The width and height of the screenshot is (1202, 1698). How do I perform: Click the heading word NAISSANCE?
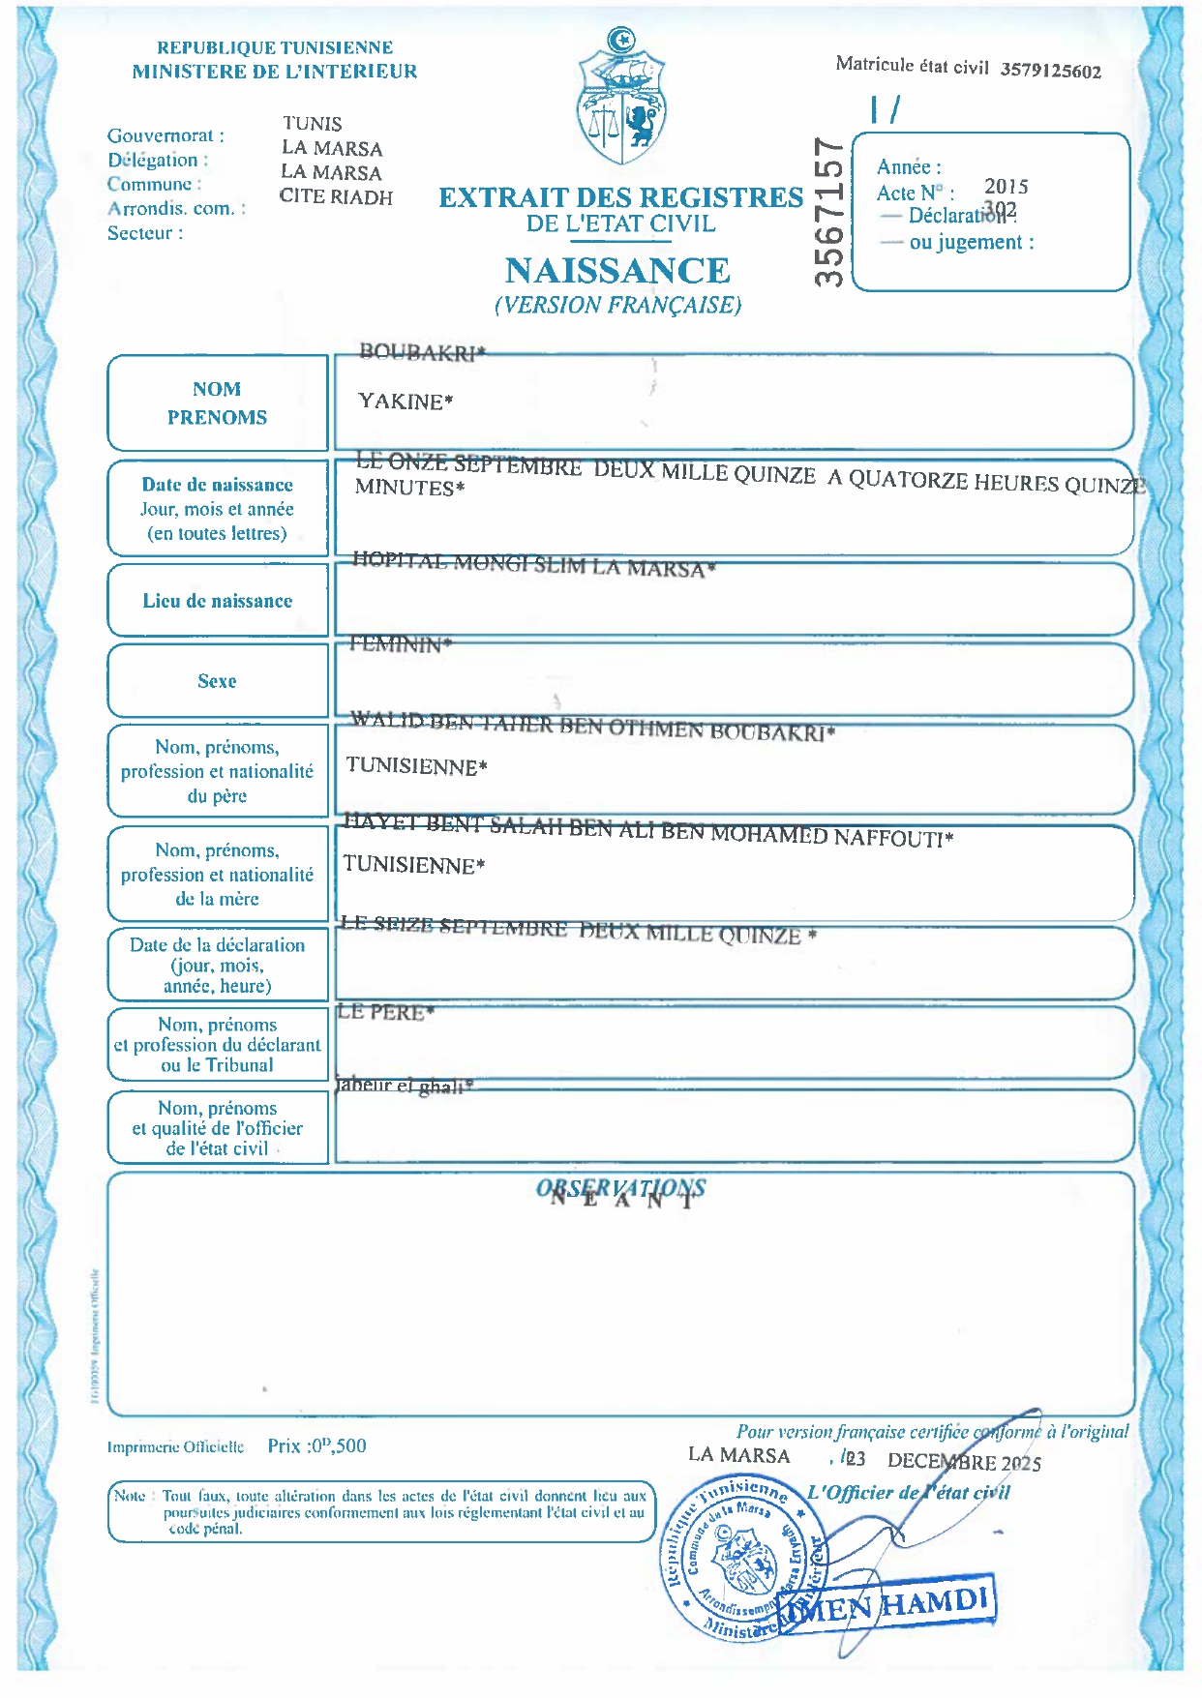point(617,271)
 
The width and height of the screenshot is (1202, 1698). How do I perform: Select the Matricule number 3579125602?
point(1050,71)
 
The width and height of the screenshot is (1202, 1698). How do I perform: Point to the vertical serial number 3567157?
point(829,212)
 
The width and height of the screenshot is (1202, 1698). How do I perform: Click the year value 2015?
point(1006,186)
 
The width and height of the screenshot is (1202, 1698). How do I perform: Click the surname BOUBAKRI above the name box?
point(421,352)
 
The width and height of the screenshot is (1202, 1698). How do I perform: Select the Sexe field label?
point(217,681)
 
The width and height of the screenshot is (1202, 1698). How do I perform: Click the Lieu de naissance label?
point(217,601)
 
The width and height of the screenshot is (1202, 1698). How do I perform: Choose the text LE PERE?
point(384,1012)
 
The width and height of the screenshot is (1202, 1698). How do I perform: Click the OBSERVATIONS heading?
point(620,1188)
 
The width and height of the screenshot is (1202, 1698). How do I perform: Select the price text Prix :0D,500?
point(316,1445)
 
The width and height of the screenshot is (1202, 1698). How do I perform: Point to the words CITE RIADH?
point(336,196)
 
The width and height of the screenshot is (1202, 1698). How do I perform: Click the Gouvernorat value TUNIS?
point(312,124)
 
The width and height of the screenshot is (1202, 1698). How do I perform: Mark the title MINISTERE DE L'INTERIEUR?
point(275,71)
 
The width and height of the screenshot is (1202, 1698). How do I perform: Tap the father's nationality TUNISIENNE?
point(416,766)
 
